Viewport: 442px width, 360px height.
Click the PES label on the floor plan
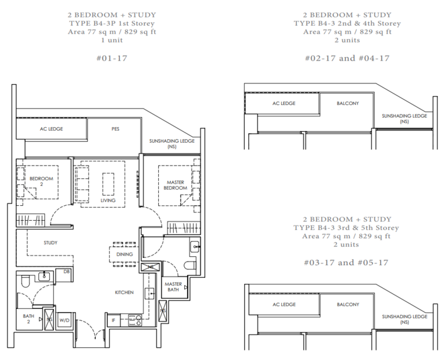click(115, 128)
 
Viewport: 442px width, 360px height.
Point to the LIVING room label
click(108, 200)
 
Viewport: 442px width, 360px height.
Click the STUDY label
click(50, 243)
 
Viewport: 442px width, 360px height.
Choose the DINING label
click(125, 254)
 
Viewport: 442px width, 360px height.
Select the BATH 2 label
click(28, 319)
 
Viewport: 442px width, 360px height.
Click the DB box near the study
click(66, 272)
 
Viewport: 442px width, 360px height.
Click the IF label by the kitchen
click(113, 322)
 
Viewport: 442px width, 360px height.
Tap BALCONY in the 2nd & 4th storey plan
click(347, 103)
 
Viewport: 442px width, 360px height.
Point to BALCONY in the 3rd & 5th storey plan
click(347, 304)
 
